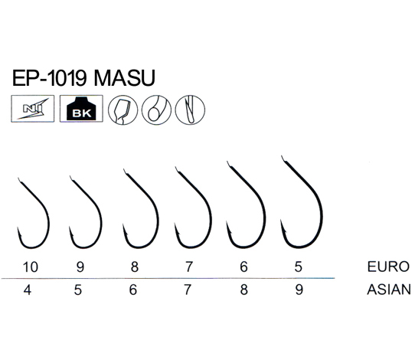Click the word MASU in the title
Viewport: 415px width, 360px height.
point(124,78)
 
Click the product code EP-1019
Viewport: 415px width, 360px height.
point(50,78)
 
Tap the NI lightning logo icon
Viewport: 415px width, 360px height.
point(33,109)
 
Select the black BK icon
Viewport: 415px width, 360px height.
point(81,109)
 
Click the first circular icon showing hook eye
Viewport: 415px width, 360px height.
point(123,110)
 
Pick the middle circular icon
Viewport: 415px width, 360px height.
point(156,110)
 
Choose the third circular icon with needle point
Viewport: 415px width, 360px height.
point(190,110)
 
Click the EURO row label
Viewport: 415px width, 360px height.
point(388,267)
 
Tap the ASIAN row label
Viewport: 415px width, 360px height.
point(389,290)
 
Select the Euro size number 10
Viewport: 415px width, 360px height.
point(31,267)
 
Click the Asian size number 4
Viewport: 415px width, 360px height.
point(28,290)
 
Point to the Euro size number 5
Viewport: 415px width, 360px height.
point(299,267)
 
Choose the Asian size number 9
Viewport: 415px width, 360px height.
point(299,290)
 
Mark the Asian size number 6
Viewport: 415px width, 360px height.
point(133,290)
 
